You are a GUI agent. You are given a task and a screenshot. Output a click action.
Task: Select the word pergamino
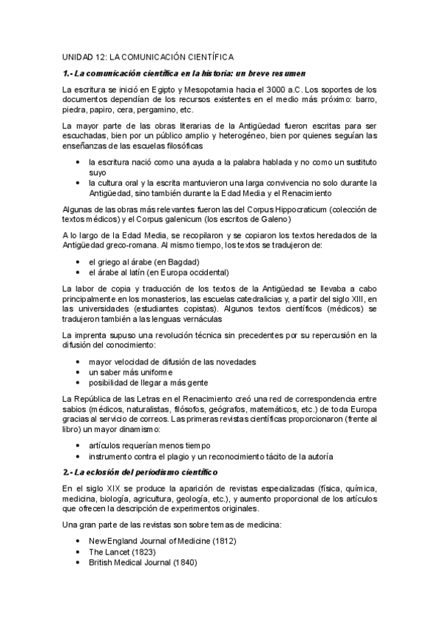[176, 109]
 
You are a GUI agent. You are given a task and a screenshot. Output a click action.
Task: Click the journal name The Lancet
[108, 552]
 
